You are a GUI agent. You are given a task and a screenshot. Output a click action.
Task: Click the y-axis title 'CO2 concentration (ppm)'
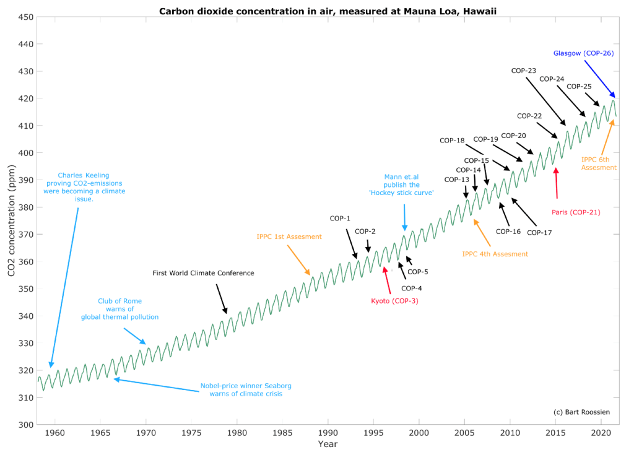click(x=11, y=220)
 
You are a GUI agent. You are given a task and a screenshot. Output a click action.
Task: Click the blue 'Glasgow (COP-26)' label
click(x=583, y=53)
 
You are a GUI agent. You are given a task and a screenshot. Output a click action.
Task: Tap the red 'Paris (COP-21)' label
click(x=576, y=212)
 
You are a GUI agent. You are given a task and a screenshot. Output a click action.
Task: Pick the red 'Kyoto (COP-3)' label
click(x=395, y=301)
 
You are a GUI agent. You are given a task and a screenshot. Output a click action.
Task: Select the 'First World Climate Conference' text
click(x=203, y=273)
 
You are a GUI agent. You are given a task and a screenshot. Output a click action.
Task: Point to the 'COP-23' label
click(x=523, y=71)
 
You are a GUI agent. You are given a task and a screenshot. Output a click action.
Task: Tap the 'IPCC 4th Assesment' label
click(x=495, y=254)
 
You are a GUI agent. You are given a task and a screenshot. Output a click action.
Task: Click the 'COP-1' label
click(x=340, y=219)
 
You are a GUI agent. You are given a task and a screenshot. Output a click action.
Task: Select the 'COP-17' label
click(x=539, y=233)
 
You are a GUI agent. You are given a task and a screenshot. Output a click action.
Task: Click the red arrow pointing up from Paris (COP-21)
click(x=557, y=183)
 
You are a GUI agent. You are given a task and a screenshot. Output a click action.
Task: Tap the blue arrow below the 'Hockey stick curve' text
click(x=404, y=217)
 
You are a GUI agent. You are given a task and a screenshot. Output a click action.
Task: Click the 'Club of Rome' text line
click(x=119, y=302)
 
